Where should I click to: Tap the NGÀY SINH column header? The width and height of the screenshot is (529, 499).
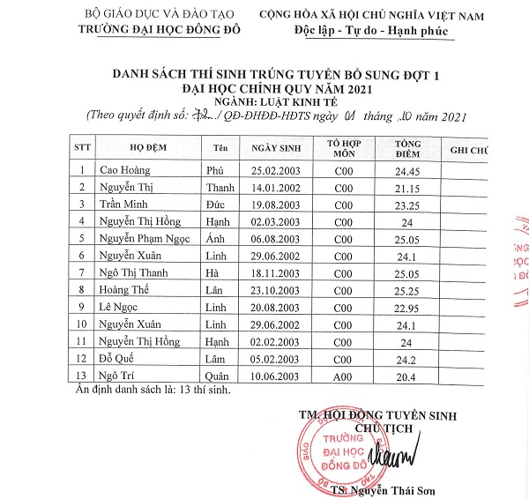tap(278, 148)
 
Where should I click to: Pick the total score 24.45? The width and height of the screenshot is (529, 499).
tap(407, 170)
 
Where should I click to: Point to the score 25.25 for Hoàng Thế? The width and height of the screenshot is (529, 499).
tap(407, 289)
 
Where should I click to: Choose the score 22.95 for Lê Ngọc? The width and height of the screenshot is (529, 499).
tap(407, 307)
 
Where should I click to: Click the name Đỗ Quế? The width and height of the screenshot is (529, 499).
tap(118, 358)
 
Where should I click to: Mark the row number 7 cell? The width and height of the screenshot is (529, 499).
tap(81, 272)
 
